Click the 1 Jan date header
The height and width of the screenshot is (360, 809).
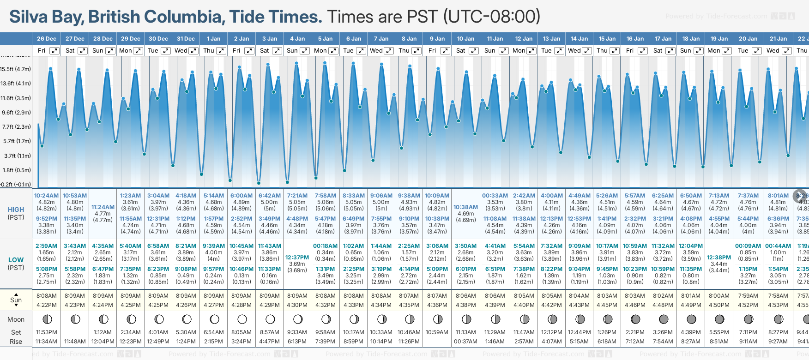(x=214, y=39)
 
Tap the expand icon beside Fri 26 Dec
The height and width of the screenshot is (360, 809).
(x=54, y=51)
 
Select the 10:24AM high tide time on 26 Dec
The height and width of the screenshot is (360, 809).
(x=46, y=196)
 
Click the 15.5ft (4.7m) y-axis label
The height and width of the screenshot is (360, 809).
(x=16, y=69)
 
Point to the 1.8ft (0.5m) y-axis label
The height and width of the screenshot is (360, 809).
(x=16, y=170)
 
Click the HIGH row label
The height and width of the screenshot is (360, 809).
(x=16, y=210)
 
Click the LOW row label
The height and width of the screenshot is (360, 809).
(x=16, y=260)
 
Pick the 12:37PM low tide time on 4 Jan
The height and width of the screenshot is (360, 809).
(x=297, y=258)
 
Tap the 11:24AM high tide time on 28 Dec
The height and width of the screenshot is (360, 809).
(x=103, y=207)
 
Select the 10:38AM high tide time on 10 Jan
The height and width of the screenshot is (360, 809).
(x=465, y=207)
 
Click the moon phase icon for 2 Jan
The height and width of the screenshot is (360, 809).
(x=242, y=319)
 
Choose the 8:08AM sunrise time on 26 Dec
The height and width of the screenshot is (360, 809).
(x=46, y=296)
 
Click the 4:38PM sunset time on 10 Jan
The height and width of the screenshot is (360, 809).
(x=465, y=305)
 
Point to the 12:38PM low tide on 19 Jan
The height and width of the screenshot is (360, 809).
(x=719, y=258)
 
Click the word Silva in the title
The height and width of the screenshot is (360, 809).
(x=29, y=17)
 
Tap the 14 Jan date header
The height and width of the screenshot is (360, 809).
(x=579, y=39)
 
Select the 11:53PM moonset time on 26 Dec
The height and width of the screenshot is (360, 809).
(x=46, y=332)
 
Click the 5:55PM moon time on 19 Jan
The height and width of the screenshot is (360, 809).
(x=719, y=332)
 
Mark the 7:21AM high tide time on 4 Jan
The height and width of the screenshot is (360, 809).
(x=297, y=196)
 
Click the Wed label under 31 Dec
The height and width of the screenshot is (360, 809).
(x=181, y=51)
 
